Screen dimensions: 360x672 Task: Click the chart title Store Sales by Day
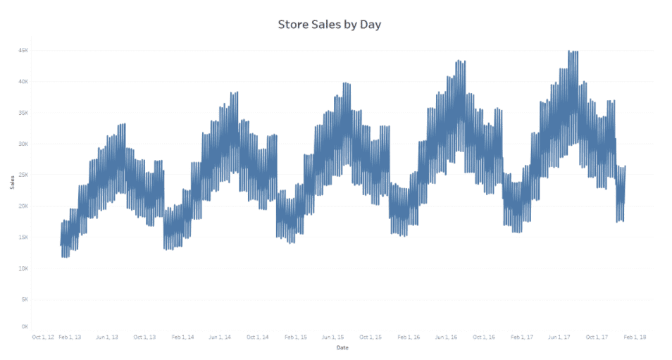coord(330,25)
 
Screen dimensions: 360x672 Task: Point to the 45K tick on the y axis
coord(23,50)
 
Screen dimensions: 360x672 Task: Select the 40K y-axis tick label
coord(23,81)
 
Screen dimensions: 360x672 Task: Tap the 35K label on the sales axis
coord(23,113)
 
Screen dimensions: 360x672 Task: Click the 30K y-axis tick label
coord(23,144)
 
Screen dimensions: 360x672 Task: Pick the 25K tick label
coord(23,175)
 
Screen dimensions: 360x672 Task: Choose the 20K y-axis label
coord(23,206)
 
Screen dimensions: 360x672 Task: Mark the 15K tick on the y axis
coord(23,237)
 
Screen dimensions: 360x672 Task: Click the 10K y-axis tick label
coord(23,268)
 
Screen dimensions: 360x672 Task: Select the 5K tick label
coord(25,299)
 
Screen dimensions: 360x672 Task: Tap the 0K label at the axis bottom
coord(25,326)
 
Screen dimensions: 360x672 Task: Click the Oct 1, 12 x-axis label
coord(43,337)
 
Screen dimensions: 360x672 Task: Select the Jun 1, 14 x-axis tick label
coord(220,337)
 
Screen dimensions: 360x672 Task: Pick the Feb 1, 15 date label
coord(295,337)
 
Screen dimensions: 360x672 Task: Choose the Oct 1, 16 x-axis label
coord(484,337)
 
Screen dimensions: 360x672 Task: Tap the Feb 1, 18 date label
coord(635,337)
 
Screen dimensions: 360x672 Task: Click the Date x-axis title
coord(342,347)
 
